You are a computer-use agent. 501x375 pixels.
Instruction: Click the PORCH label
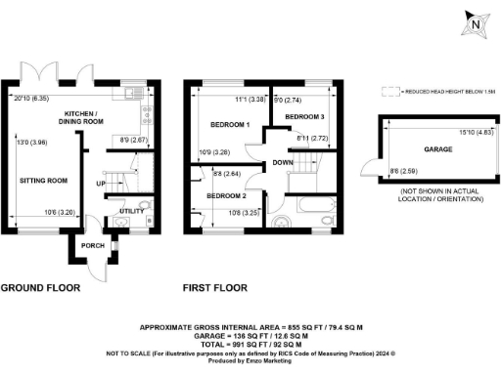[x=93, y=246]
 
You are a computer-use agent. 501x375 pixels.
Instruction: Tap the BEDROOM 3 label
[x=305, y=117]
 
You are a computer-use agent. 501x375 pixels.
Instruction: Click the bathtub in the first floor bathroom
[x=312, y=208]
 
